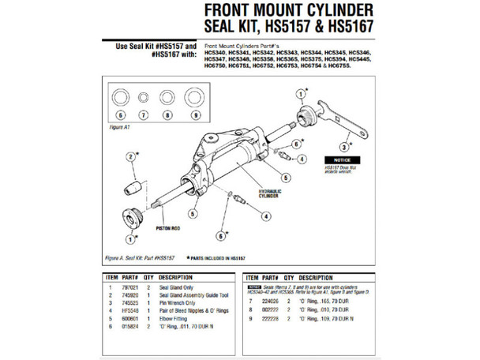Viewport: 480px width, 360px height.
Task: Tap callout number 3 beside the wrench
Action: click(x=345, y=147)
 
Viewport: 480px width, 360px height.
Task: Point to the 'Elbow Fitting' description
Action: click(x=177, y=315)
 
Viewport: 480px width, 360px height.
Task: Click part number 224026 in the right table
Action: click(x=272, y=301)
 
